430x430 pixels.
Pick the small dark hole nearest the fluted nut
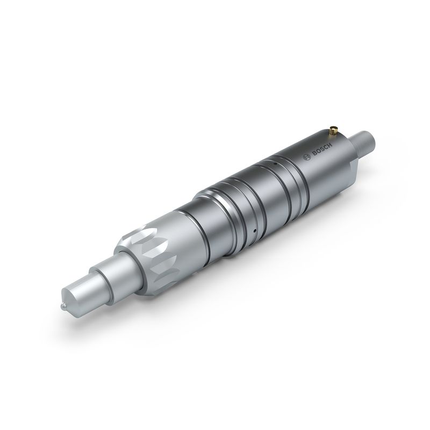249,232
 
